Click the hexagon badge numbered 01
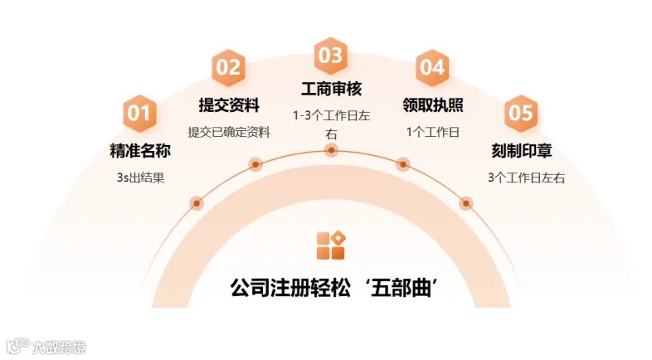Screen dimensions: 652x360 139,114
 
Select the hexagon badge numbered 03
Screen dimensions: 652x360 330,56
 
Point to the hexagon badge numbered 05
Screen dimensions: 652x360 520,114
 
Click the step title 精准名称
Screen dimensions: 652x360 140,151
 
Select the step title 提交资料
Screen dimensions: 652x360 229,105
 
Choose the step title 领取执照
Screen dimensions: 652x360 432,105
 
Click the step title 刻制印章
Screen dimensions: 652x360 521,151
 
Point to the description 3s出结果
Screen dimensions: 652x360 141,178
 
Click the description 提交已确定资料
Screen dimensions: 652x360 229,132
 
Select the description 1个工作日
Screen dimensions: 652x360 432,132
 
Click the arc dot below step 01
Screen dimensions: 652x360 197,203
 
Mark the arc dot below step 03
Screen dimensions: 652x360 331,150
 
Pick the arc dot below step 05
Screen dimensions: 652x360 466,203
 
